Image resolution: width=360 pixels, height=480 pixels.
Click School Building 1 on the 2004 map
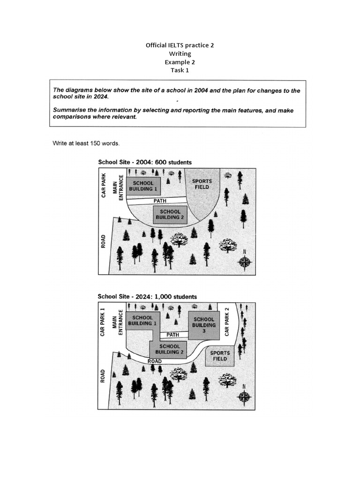[x=143, y=186]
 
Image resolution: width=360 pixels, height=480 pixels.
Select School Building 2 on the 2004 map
[x=170, y=215]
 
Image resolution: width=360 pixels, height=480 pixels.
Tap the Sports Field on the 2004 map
[x=202, y=184]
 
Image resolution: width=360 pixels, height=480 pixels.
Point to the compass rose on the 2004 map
[x=245, y=262]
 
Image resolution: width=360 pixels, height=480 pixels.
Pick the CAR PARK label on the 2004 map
[x=104, y=185]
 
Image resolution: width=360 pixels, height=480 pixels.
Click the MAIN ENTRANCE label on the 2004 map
[x=117, y=188]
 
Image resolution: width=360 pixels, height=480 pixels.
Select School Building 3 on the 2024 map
[x=204, y=325]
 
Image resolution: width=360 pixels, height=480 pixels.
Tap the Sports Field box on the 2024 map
[x=220, y=356]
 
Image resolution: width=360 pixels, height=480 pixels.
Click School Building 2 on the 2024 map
[x=169, y=349]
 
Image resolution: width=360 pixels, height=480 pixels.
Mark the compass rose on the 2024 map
[x=244, y=397]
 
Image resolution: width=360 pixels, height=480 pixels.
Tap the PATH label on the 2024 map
[x=173, y=335]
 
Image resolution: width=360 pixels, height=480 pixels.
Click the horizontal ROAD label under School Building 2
[x=154, y=361]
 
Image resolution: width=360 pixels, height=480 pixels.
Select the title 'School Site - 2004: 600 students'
[x=144, y=162]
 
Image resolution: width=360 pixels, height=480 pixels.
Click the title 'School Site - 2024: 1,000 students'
[x=147, y=297]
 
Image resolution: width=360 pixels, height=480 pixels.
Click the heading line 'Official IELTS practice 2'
[x=180, y=45]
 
